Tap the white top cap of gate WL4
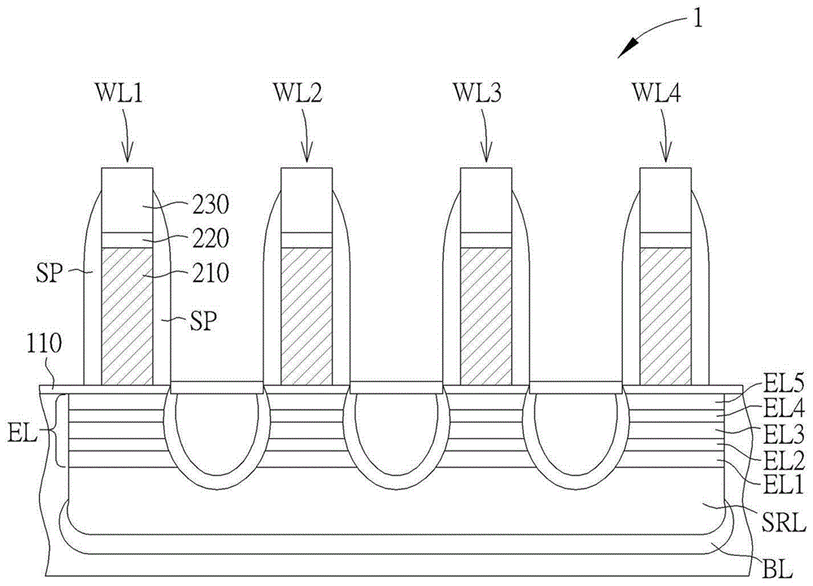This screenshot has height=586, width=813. click(x=665, y=199)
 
